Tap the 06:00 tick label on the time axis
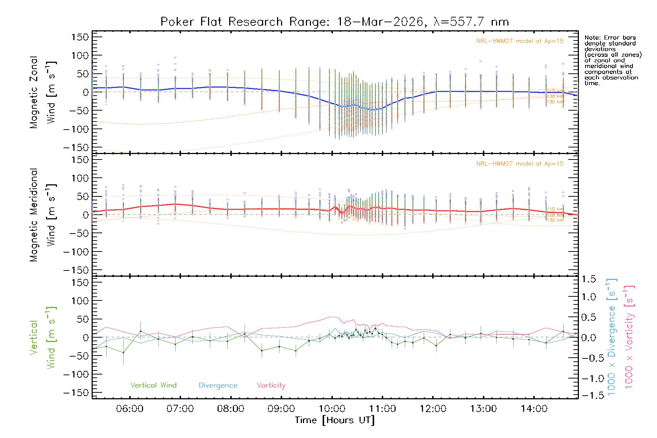pyautogui.click(x=130, y=409)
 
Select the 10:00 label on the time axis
pyautogui.click(x=332, y=409)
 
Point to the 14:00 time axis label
pyautogui.click(x=534, y=409)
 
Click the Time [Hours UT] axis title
pyautogui.click(x=335, y=420)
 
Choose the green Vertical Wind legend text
pyautogui.click(x=153, y=385)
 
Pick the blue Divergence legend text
pyautogui.click(x=218, y=385)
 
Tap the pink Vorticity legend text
pyautogui.click(x=271, y=385)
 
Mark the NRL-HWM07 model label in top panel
pyautogui.click(x=520, y=41)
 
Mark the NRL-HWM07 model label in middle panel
pyautogui.click(x=520, y=164)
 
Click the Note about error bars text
pyautogui.click(x=612, y=60)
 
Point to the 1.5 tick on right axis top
pyautogui.click(x=588, y=279)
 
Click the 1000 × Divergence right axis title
pyautogui.click(x=612, y=337)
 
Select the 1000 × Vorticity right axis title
pyautogui.click(x=629, y=337)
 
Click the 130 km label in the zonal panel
pyautogui.click(x=555, y=102)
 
